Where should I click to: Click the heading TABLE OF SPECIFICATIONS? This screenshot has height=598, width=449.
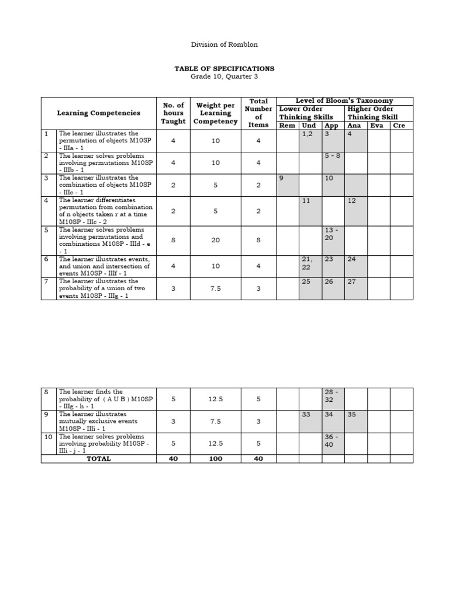point(224,68)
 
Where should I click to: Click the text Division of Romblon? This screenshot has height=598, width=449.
point(224,44)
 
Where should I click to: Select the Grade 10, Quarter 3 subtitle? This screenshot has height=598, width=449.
point(224,77)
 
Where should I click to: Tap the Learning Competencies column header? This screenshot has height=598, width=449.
point(98,113)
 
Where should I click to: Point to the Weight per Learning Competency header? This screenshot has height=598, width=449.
point(216,113)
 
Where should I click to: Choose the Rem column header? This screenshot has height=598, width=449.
point(287,126)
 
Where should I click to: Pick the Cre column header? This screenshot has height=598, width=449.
point(399,126)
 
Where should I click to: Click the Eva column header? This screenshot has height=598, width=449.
point(377,126)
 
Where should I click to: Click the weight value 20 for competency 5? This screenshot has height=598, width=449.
point(216,239)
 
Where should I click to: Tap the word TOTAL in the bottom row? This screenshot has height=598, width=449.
point(98,459)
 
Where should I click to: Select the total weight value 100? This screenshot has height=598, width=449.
point(216,459)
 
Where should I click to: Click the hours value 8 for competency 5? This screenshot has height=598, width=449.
point(173,239)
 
